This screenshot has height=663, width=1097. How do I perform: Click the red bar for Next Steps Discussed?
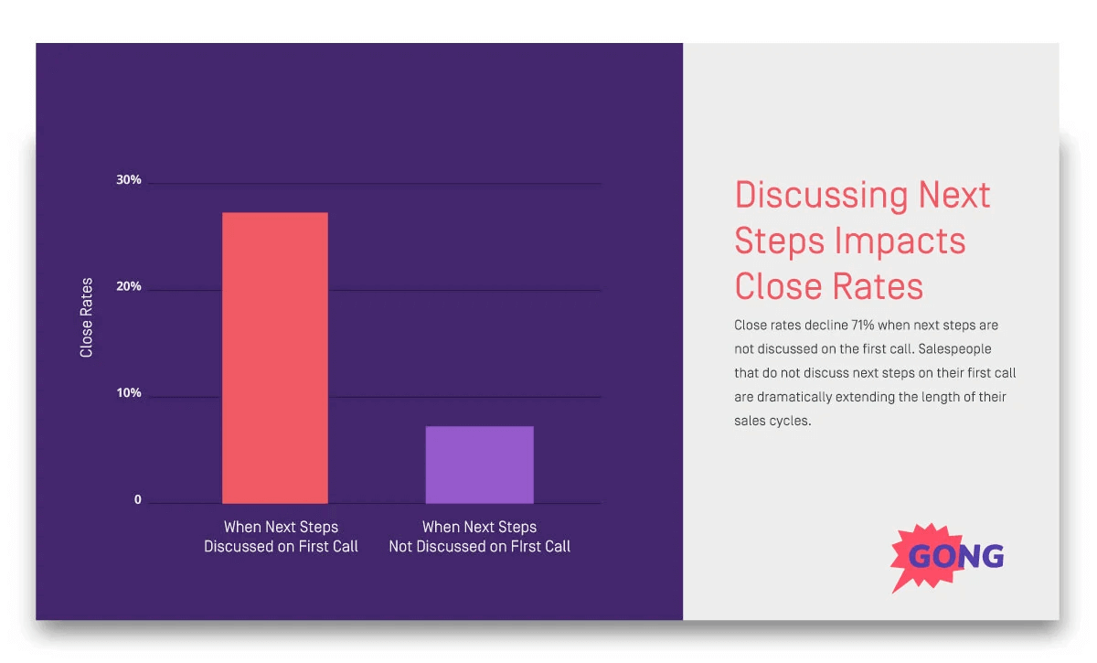pos(274,358)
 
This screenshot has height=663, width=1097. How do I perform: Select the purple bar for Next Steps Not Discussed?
pos(479,465)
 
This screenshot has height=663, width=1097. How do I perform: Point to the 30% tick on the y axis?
pos(129,180)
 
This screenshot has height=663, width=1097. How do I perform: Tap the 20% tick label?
pos(129,286)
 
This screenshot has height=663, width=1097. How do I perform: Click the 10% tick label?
pos(129,393)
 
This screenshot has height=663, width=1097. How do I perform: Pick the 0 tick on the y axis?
pos(138,500)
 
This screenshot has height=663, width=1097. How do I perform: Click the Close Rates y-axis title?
pos(87,317)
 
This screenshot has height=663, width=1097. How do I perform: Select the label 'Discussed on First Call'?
pos(281,546)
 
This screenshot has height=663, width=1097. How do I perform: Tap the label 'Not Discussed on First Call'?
pos(479,546)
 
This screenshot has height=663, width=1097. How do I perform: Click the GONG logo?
pos(947,556)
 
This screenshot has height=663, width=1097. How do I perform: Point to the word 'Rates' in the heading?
pos(877,286)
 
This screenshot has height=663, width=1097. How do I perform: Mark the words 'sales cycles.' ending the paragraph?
pos(772,422)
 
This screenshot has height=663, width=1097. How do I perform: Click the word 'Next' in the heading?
pos(954,196)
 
